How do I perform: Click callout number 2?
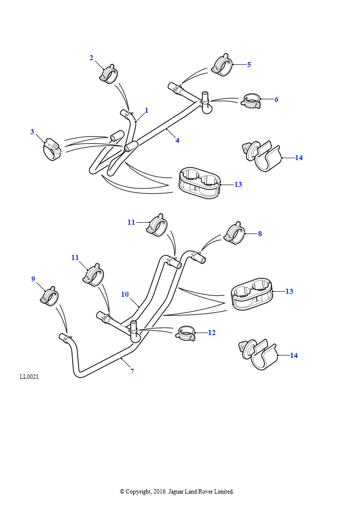tap(91, 58)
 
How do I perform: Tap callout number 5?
tap(249, 65)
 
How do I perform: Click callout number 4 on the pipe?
tap(177, 140)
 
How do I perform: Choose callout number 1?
tap(147, 110)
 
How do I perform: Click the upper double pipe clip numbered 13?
tap(199, 182)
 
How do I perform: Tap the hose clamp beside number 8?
tap(234, 234)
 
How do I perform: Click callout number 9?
tap(33, 279)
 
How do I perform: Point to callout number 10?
tap(125, 294)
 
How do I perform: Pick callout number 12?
tap(212, 333)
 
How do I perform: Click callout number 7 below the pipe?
tap(132, 371)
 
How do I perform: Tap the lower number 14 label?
tap(294, 355)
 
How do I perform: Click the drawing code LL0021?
tap(29, 376)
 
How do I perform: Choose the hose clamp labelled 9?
tap(49, 297)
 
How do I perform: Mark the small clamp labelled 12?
tap(185, 334)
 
